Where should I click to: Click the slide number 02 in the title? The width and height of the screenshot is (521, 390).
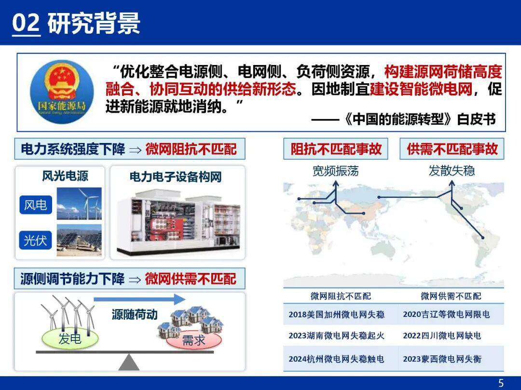pyautogui.click(x=26, y=23)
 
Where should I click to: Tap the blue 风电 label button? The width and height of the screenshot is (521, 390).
pyautogui.click(x=36, y=205)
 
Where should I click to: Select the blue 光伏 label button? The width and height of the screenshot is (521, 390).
pyautogui.click(x=36, y=240)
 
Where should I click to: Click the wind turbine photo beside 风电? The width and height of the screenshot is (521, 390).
pyautogui.click(x=79, y=204)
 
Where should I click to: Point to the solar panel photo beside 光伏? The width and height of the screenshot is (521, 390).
pyautogui.click(x=79, y=240)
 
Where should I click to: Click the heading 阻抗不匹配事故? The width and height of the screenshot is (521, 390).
pyautogui.click(x=336, y=149)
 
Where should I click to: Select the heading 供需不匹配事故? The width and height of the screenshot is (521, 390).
pyautogui.click(x=452, y=149)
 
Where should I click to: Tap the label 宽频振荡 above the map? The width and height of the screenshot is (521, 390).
pyautogui.click(x=336, y=171)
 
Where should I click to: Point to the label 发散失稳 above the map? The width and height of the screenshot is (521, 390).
pyautogui.click(x=452, y=171)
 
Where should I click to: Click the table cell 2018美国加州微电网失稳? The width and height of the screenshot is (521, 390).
pyautogui.click(x=336, y=314)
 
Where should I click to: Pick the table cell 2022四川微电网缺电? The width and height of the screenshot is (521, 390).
pyautogui.click(x=442, y=336)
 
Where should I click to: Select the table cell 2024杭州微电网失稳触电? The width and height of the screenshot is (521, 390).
pyautogui.click(x=336, y=359)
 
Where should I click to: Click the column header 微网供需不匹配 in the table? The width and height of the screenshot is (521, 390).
pyautogui.click(x=451, y=296)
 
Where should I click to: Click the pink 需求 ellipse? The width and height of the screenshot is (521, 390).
pyautogui.click(x=194, y=340)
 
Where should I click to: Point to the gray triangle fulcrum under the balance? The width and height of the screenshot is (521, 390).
pyautogui.click(x=129, y=362)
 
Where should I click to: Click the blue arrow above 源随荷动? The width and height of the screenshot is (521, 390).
pyautogui.click(x=139, y=299)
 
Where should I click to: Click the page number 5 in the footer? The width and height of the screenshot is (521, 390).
pyautogui.click(x=501, y=383)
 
